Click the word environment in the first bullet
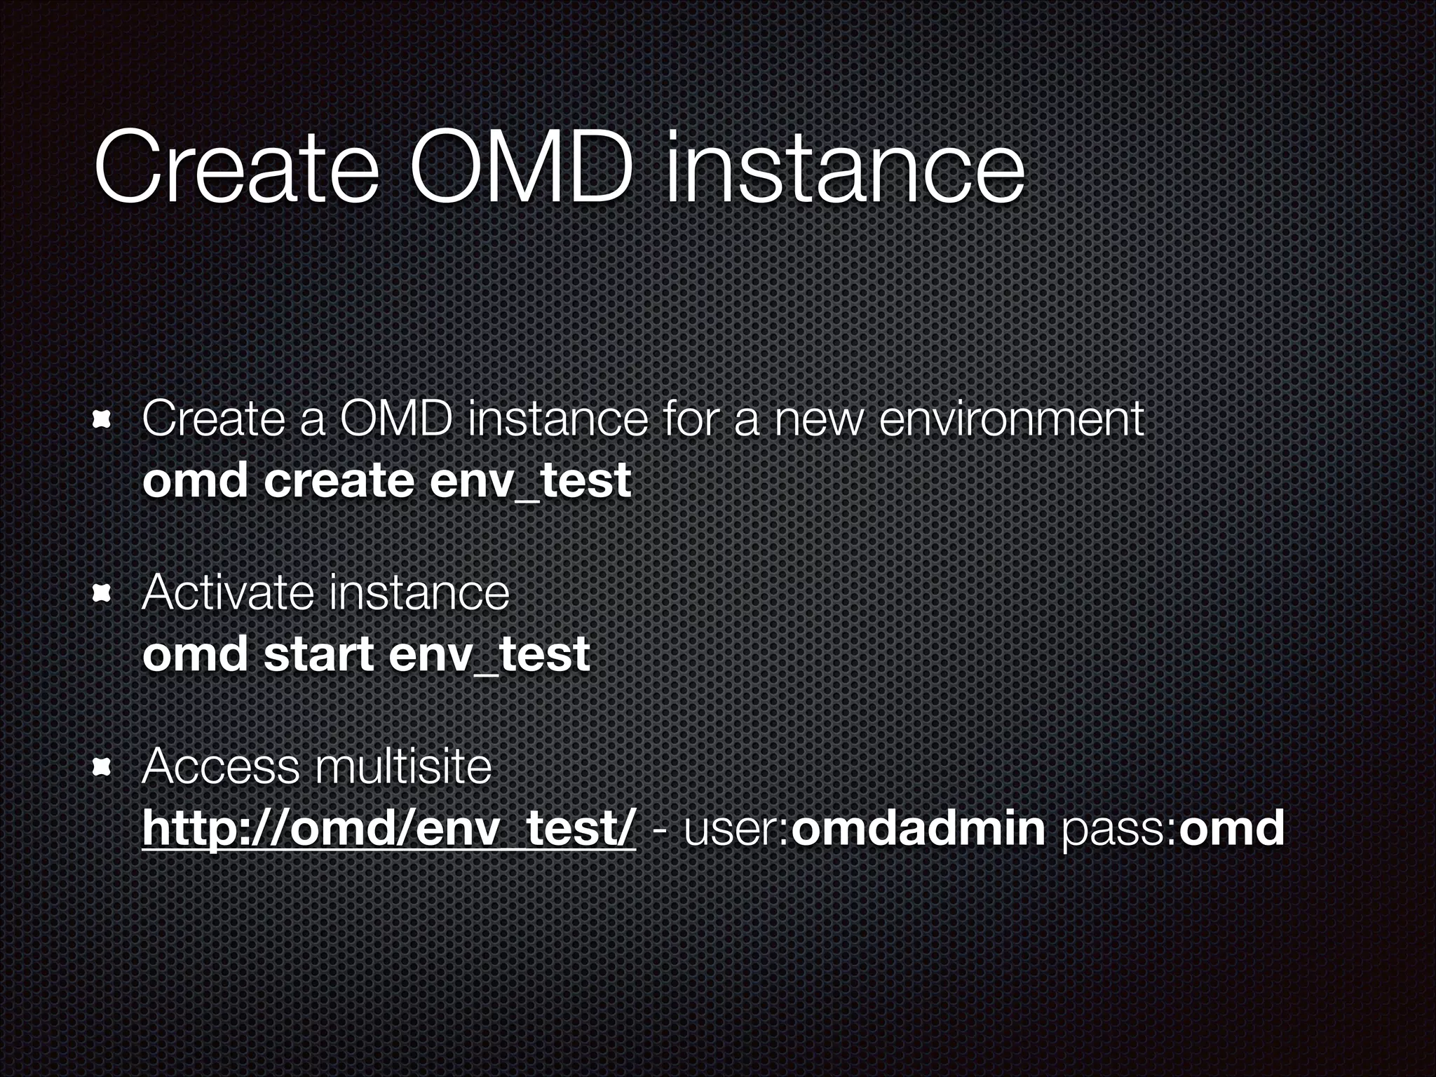click(1010, 420)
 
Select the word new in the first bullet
click(816, 420)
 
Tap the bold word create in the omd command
click(339, 481)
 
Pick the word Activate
click(227, 593)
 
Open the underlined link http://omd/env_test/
click(388, 828)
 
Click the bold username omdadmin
click(918, 828)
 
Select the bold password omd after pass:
click(1231, 828)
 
